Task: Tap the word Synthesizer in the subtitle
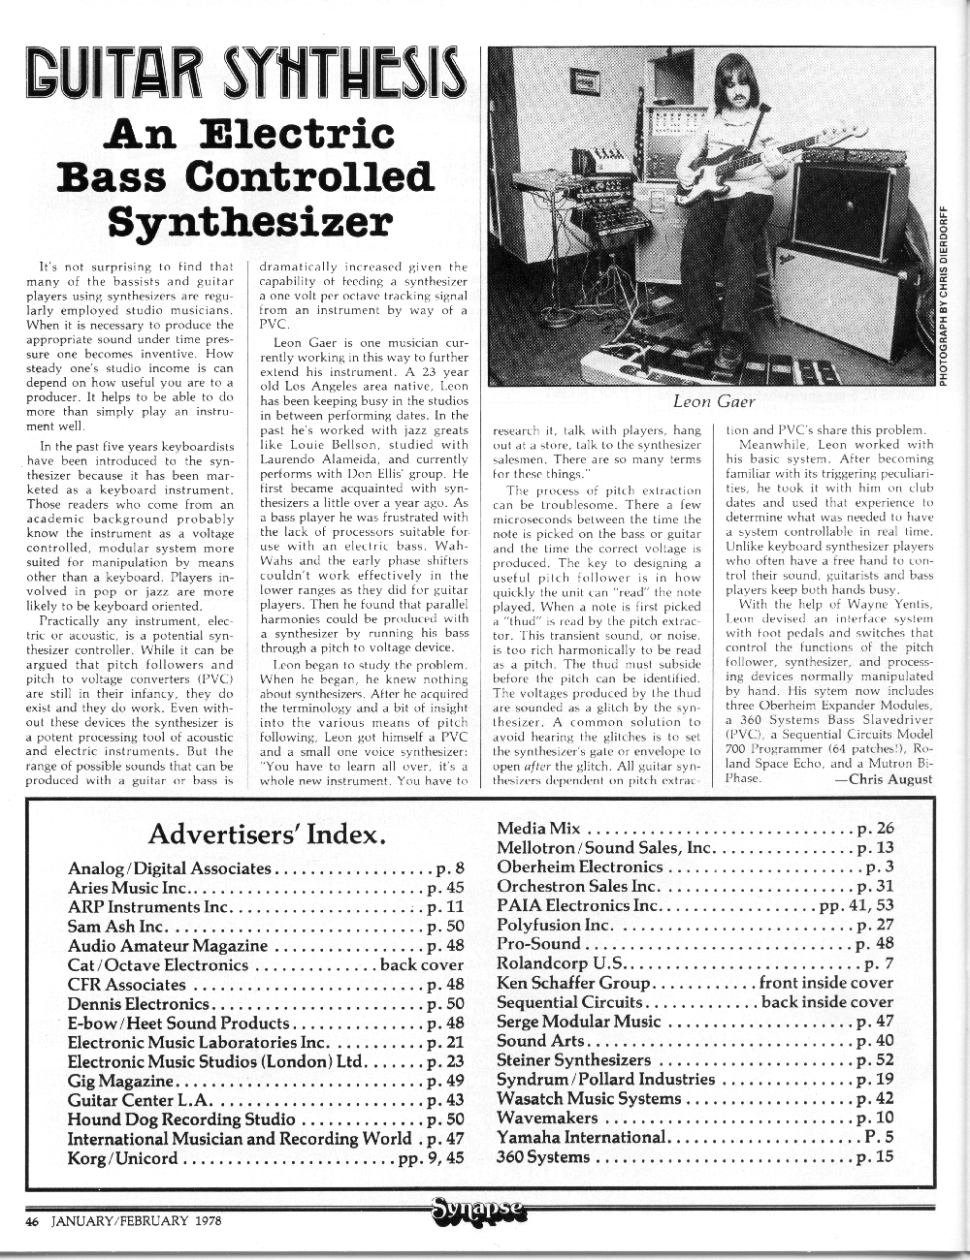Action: click(x=250, y=222)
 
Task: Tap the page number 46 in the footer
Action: click(x=32, y=1221)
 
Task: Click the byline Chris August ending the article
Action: click(x=876, y=779)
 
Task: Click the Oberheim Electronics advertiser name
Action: click(x=579, y=866)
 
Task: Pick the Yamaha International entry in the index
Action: click(x=580, y=1137)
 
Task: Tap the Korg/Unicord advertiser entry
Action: click(x=122, y=1158)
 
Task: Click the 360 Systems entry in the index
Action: click(x=542, y=1156)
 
